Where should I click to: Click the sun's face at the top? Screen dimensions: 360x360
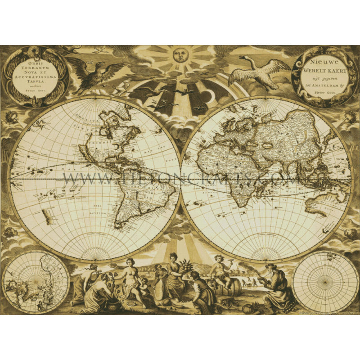pos(179,56)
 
